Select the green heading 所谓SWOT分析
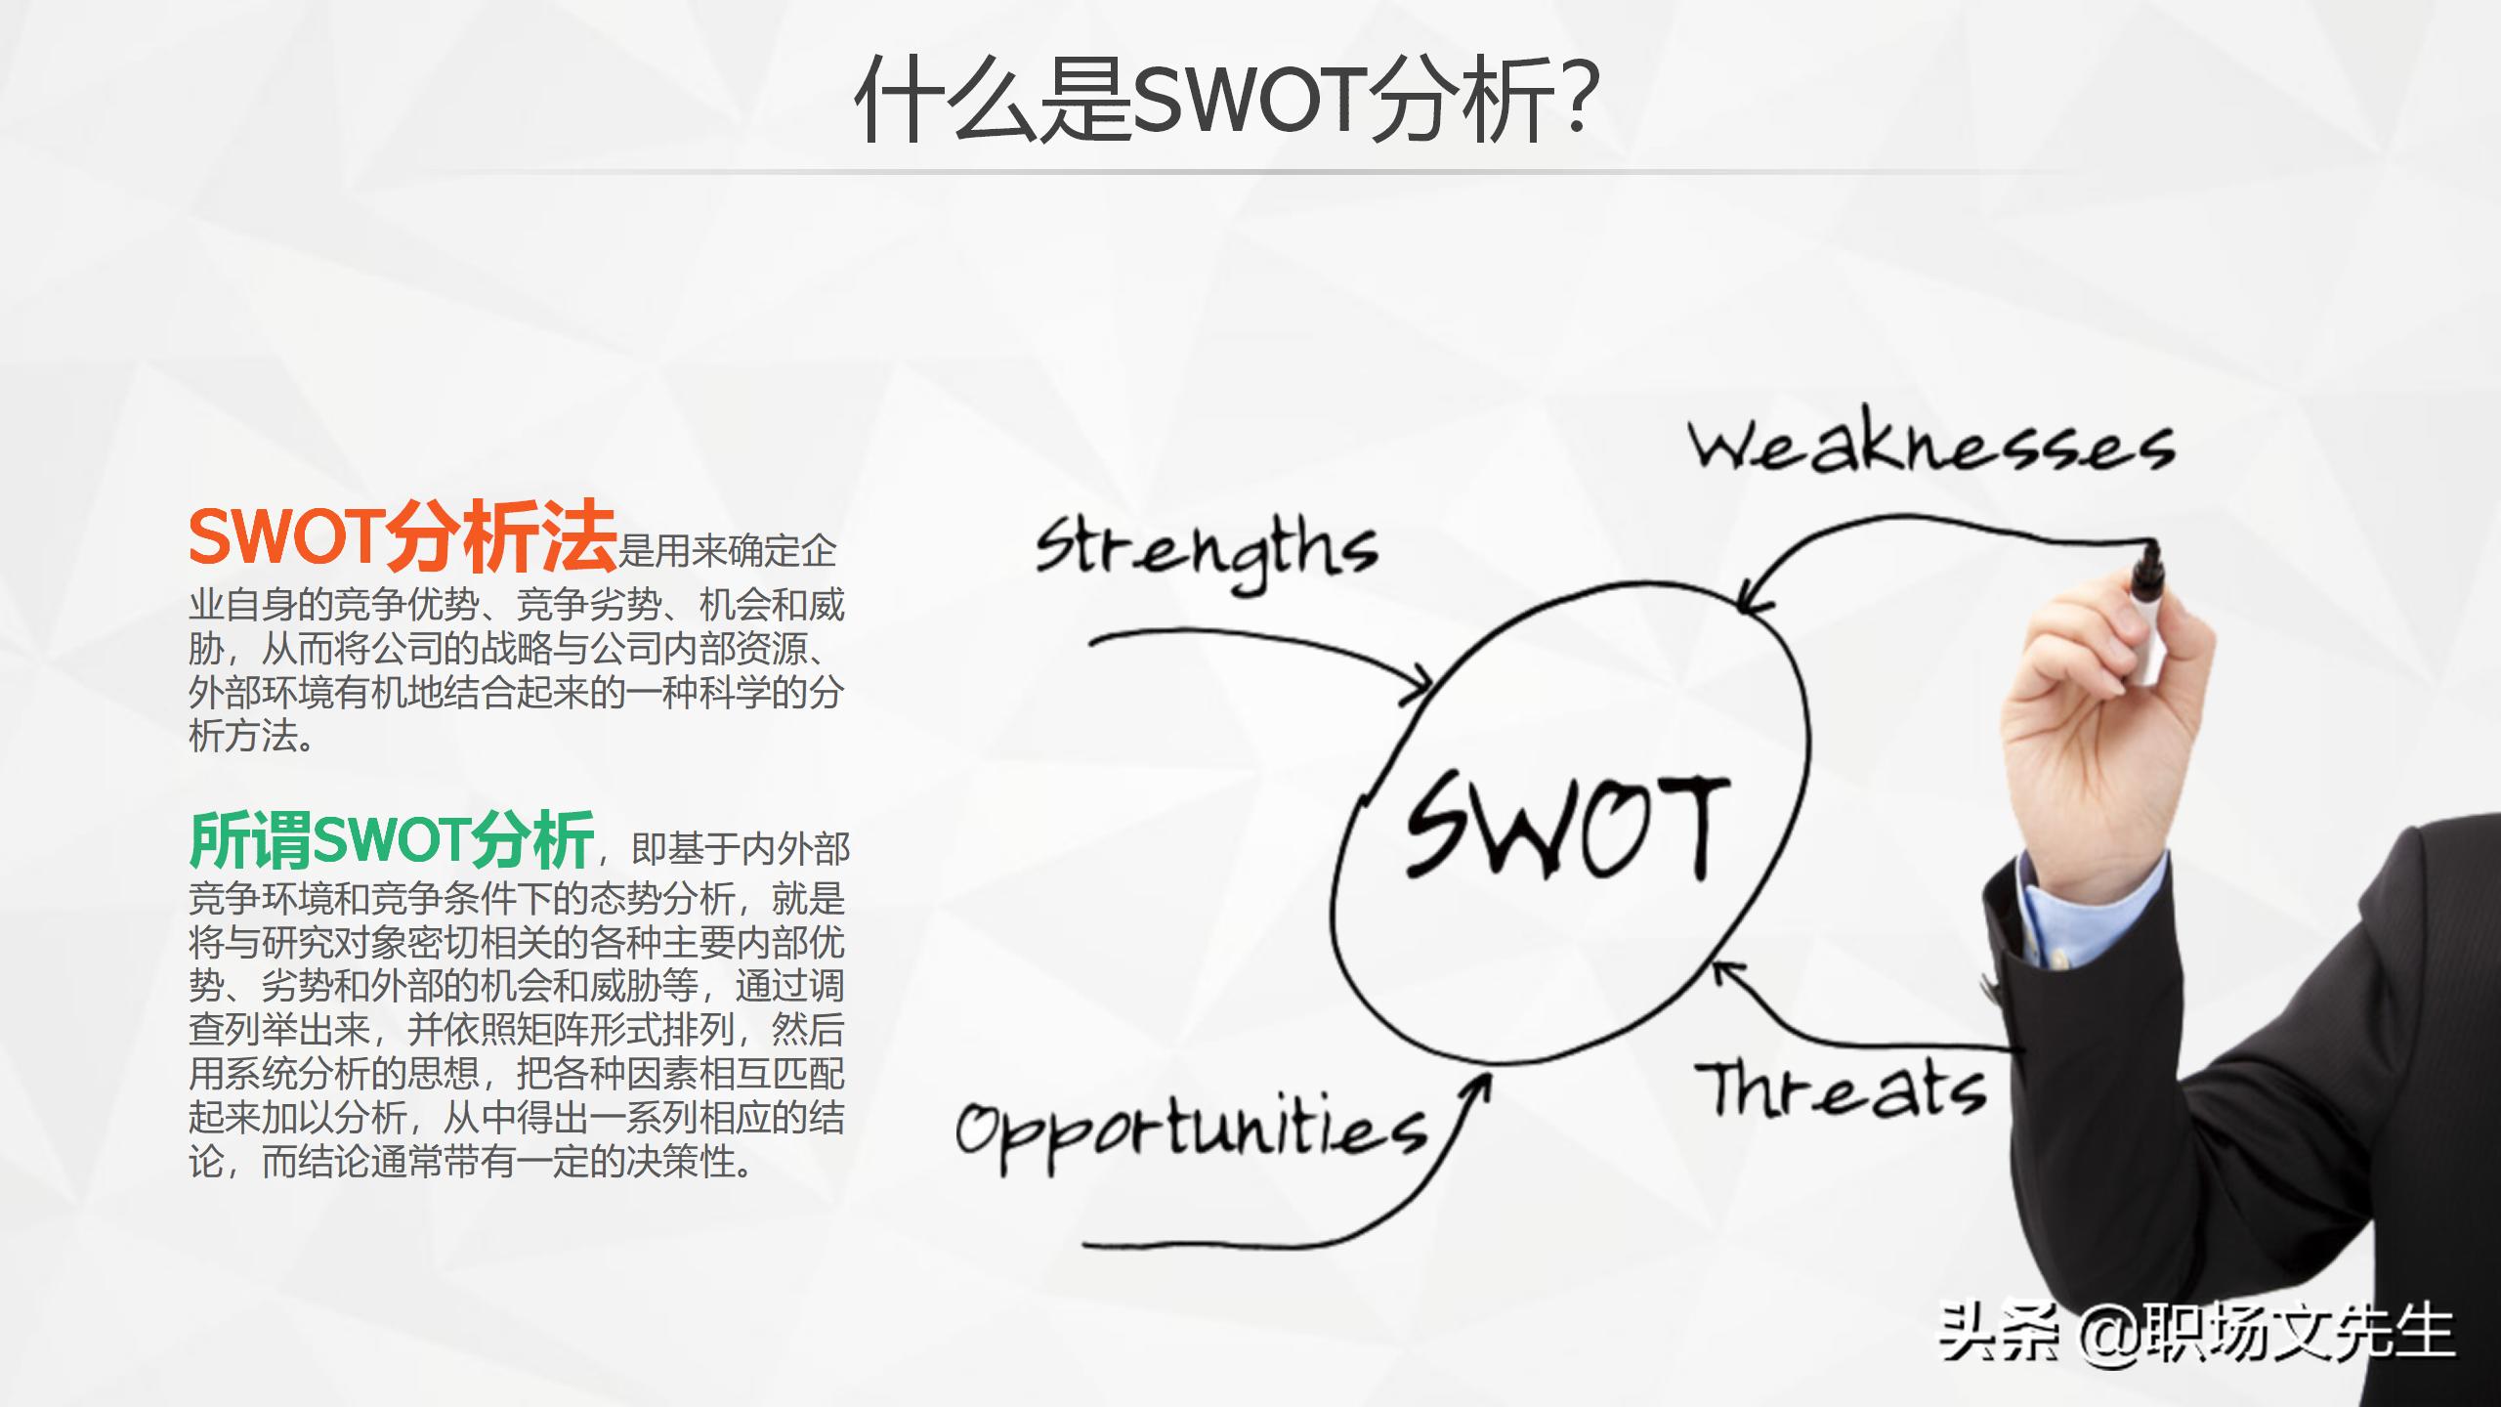click(x=392, y=839)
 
